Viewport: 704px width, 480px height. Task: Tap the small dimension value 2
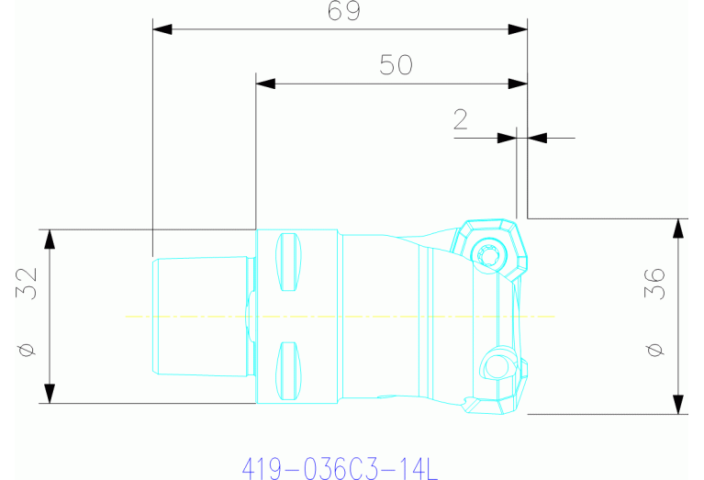pos(461,119)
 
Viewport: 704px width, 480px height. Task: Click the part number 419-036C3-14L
pos(341,469)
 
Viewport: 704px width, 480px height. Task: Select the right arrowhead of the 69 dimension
pos(518,29)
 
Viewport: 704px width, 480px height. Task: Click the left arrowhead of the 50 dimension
pos(265,84)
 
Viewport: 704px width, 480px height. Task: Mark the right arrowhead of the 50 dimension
pos(518,84)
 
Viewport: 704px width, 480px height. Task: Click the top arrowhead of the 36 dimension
pos(678,229)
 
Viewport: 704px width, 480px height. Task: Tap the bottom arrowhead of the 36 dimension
pos(678,404)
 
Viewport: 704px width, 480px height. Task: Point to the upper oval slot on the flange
pos(287,260)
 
